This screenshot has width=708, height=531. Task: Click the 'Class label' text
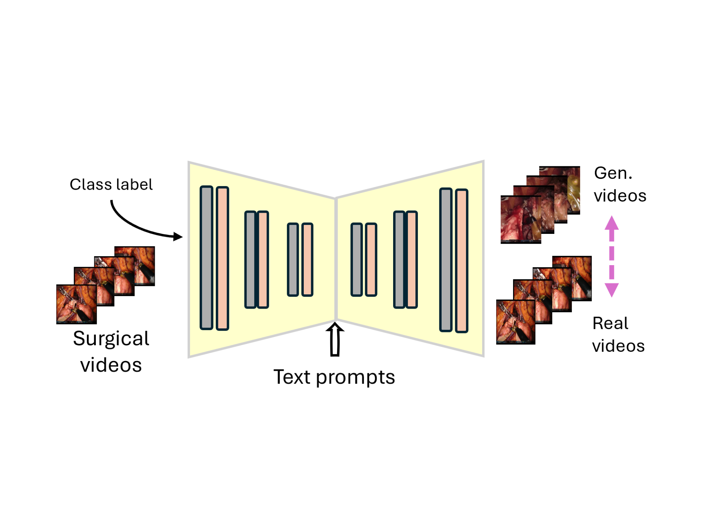pyautogui.click(x=111, y=185)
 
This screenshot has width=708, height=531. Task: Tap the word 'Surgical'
pyautogui.click(x=111, y=339)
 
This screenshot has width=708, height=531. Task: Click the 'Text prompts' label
pyautogui.click(x=334, y=378)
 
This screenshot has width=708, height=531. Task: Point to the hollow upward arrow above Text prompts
pyautogui.click(x=335, y=340)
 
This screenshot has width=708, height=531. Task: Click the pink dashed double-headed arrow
pyautogui.click(x=611, y=257)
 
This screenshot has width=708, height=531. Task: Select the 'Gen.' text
pyautogui.click(x=613, y=173)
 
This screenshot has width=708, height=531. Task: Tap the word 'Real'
pyautogui.click(x=610, y=323)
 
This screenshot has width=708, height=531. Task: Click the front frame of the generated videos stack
pyautogui.click(x=521, y=220)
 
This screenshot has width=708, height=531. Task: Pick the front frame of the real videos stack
pyautogui.click(x=516, y=322)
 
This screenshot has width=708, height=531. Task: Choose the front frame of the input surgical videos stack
pyautogui.click(x=76, y=304)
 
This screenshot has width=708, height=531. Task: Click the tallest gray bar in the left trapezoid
pyautogui.click(x=206, y=258)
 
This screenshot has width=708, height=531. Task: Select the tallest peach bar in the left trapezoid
pyautogui.click(x=222, y=258)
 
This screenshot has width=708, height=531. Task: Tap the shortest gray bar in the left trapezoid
pyautogui.click(x=293, y=259)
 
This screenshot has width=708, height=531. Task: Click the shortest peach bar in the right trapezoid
pyautogui.click(x=371, y=259)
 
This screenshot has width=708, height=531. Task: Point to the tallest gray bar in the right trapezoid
pyautogui.click(x=446, y=259)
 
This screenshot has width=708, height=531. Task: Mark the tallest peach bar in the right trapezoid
pyautogui.click(x=462, y=261)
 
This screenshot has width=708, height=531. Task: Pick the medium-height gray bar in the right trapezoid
pyautogui.click(x=399, y=259)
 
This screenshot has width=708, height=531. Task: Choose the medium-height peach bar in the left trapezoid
pyautogui.click(x=263, y=259)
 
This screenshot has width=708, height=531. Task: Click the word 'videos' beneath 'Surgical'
pyautogui.click(x=111, y=365)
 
